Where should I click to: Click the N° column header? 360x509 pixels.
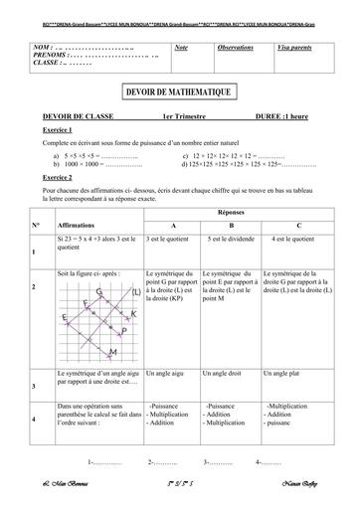[36, 226]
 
